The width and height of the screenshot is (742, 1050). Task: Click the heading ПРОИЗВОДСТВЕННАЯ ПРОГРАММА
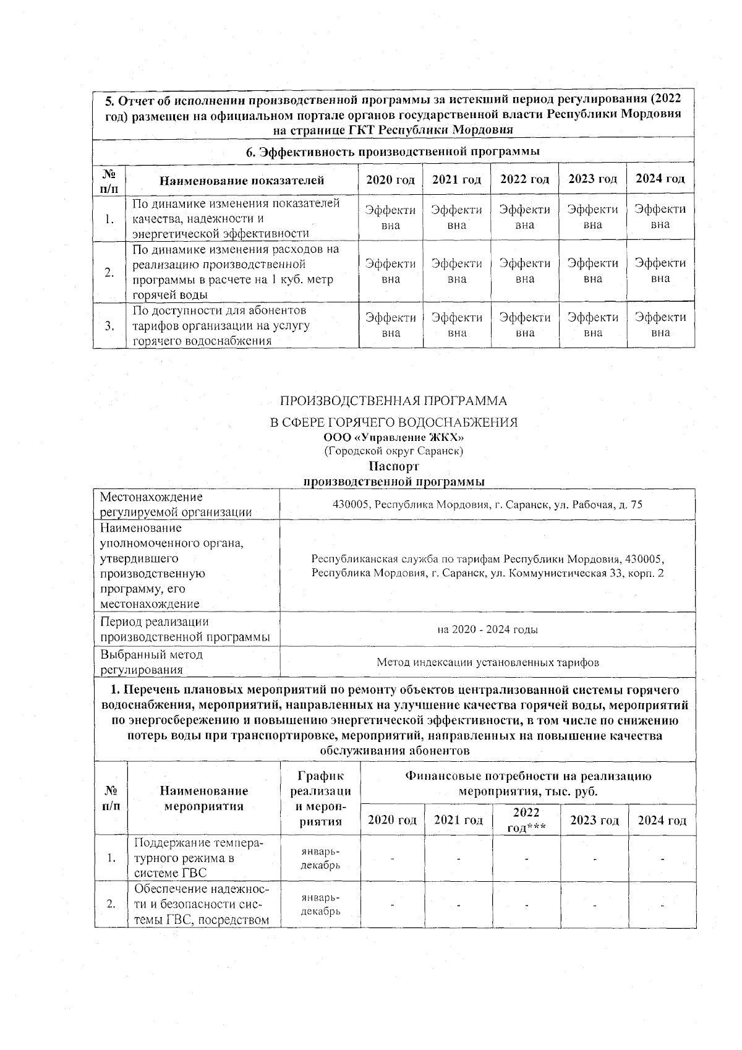pos(394,401)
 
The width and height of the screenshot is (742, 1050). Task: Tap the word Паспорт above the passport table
pos(394,466)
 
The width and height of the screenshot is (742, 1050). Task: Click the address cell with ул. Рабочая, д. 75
pos(487,505)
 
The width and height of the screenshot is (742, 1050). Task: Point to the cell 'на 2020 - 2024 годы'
pos(487,630)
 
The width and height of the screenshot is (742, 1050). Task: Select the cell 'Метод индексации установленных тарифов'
pos(487,662)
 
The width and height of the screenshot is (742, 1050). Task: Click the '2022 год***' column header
pos(526,820)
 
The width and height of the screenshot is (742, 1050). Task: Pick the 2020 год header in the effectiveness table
pos(390,180)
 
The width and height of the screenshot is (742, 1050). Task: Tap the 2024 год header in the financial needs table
pos(662,820)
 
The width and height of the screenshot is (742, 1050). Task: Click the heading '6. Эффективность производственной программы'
pos(394,152)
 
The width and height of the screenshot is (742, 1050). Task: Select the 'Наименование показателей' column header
pos(242,181)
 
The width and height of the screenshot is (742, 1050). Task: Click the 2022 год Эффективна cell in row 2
pos(524,271)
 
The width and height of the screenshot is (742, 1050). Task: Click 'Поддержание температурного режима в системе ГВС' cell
pos(203,858)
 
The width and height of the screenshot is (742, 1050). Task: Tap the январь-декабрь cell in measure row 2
pos(320,904)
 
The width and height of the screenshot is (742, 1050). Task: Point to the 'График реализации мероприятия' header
pos(320,798)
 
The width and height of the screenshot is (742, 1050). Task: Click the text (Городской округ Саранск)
pos(394,451)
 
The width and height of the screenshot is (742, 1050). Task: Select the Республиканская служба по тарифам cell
pos(487,566)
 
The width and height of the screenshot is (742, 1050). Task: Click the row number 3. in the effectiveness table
pos(109,326)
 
